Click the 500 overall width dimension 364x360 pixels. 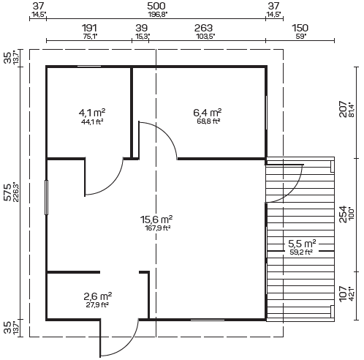156,6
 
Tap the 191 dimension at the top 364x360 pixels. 89,28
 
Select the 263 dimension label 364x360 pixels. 203,28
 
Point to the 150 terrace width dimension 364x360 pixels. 300,28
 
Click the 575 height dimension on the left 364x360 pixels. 8,192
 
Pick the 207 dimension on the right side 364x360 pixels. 343,109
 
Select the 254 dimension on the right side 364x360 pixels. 343,214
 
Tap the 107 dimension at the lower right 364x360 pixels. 343,293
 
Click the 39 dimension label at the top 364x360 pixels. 142,28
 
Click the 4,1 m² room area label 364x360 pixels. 92,113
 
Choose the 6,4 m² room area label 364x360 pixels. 208,113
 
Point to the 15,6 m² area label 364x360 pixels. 156,220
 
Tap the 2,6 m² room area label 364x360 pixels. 97,296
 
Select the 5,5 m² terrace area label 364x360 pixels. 302,244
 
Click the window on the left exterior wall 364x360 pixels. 46,198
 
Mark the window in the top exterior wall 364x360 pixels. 89,66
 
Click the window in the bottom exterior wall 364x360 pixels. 208,320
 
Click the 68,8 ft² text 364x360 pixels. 208,121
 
